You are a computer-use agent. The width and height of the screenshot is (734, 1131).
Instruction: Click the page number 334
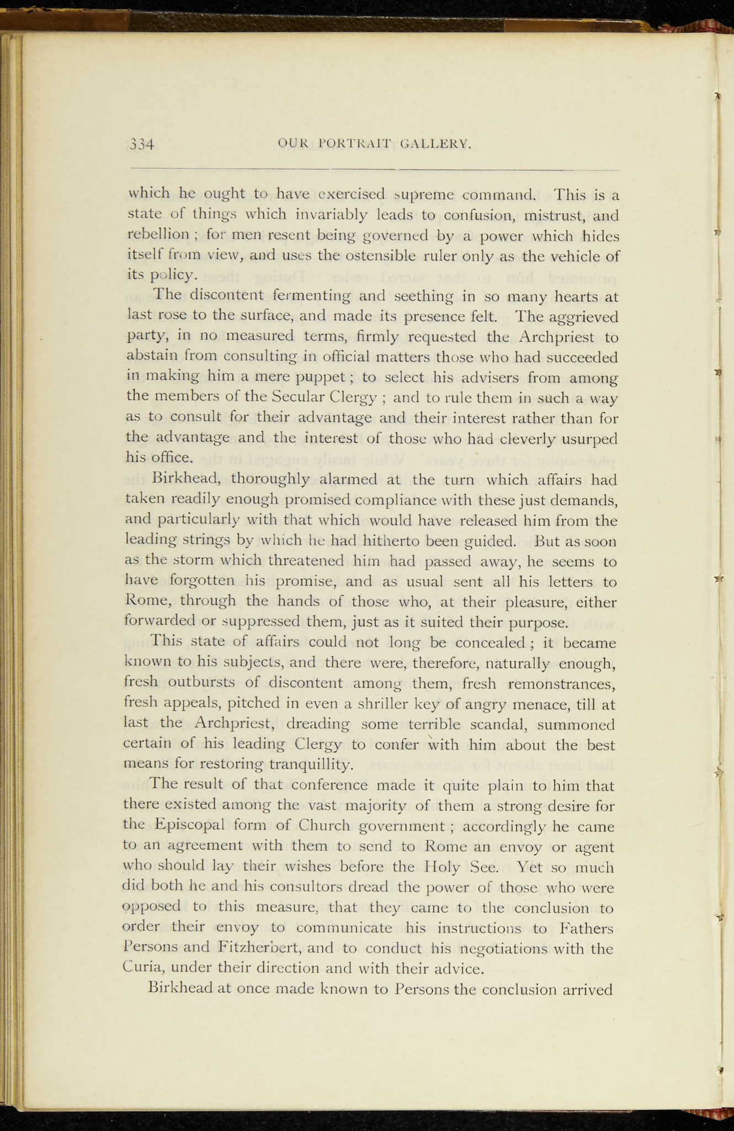(141, 145)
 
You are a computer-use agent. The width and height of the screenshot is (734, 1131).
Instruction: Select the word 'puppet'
(321, 378)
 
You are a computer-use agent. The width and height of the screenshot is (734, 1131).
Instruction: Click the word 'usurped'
(589, 438)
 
